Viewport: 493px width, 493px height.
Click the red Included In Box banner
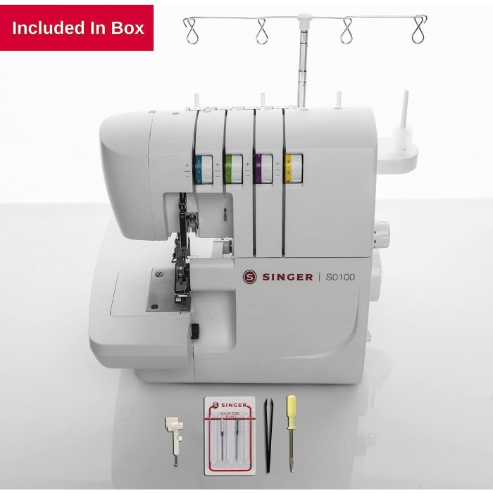pyautogui.click(x=77, y=28)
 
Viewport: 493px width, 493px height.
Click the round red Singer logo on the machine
pyautogui.click(x=249, y=277)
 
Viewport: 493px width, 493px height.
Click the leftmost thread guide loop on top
pyautogui.click(x=191, y=30)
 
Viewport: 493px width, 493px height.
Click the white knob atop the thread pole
pyautogui.click(x=304, y=17)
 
